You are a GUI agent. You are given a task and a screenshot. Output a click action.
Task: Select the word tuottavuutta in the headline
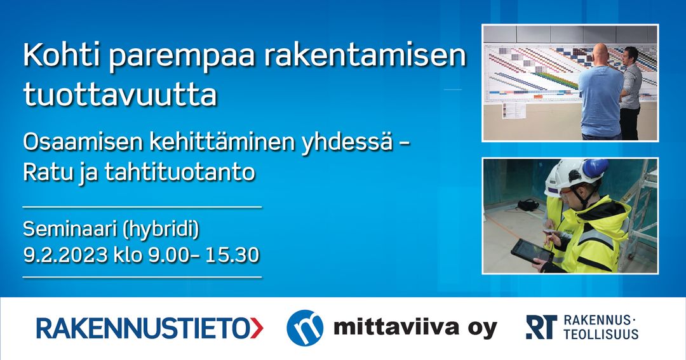(x=120, y=95)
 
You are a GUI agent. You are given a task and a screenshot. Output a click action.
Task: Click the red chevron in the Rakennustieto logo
(x=256, y=328)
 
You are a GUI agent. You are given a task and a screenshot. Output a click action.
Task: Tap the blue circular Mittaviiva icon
(x=304, y=328)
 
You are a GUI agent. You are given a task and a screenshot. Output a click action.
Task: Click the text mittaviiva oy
(x=415, y=328)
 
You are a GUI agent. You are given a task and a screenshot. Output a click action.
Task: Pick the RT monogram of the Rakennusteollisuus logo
(x=541, y=327)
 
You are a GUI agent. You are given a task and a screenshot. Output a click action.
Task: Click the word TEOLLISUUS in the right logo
(x=601, y=335)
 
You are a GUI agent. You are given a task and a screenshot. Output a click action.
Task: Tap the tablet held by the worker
(x=531, y=251)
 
